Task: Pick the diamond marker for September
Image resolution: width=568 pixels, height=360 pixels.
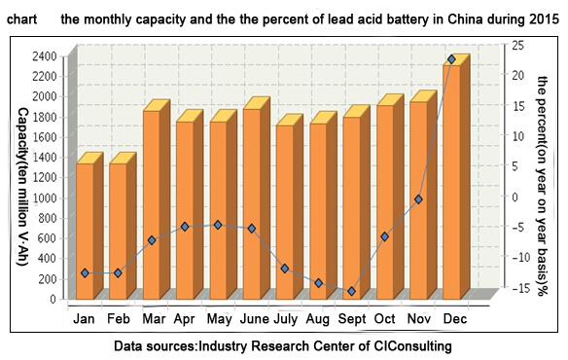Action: tap(351, 291)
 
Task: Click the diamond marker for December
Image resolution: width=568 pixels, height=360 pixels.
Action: tap(451, 59)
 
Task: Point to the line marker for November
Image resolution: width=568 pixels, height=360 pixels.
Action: tap(418, 199)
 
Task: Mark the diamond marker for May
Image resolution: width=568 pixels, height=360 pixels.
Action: tap(218, 225)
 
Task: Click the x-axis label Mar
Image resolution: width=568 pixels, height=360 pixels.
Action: tap(154, 319)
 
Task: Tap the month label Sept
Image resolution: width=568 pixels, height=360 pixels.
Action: tap(352, 319)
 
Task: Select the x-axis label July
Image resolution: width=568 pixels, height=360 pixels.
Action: tap(285, 319)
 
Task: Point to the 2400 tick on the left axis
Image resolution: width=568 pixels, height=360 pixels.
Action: tap(45, 56)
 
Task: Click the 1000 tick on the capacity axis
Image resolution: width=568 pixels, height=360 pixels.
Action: tap(45, 198)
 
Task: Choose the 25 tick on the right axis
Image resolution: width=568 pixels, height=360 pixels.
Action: tap(517, 46)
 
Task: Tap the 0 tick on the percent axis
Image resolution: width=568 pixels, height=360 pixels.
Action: tap(515, 197)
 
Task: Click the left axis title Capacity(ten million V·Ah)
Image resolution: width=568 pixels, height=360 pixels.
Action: tap(23, 187)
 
